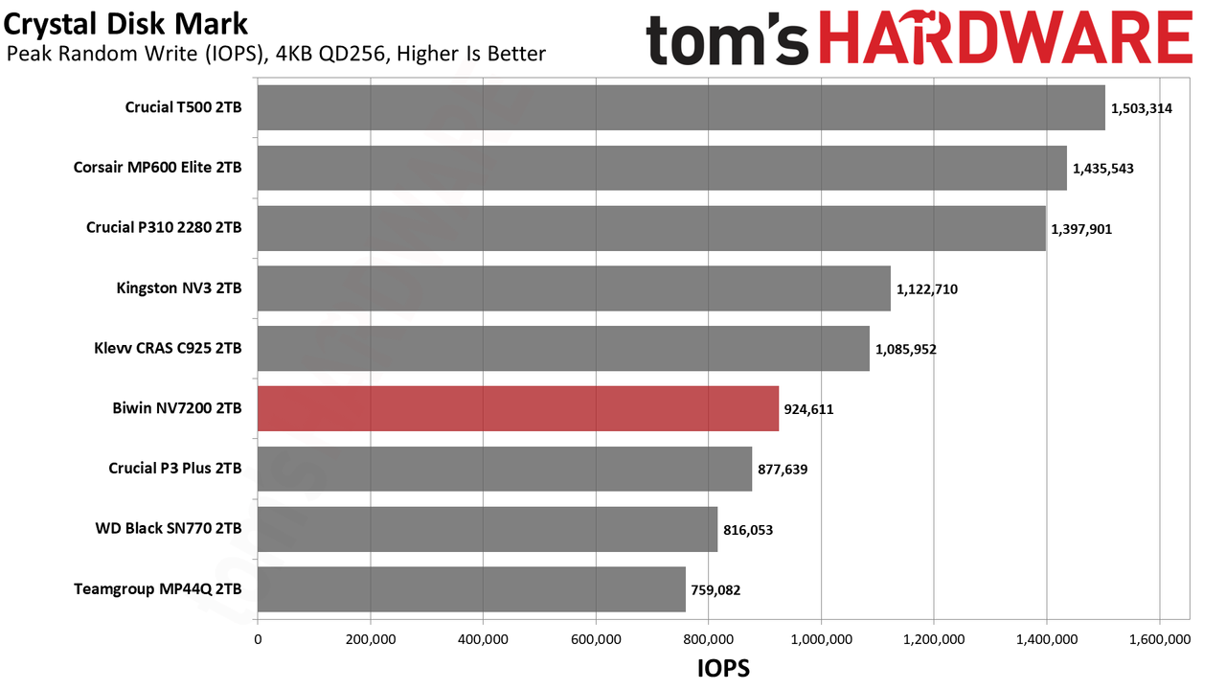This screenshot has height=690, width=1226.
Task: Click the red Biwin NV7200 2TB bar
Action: coord(518,408)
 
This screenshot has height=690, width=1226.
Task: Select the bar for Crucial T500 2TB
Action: coord(681,107)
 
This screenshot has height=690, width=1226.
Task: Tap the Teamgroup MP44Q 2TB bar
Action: coord(471,589)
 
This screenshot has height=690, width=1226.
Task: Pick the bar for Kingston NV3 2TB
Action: coord(574,288)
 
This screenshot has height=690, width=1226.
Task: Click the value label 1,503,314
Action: coord(1141,108)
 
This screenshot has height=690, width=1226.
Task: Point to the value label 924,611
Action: coord(808,409)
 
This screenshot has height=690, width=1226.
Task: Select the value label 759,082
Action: coord(715,590)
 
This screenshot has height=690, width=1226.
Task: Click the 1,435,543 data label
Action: coord(1102,169)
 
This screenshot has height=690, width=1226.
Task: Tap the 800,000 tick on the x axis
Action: coord(708,639)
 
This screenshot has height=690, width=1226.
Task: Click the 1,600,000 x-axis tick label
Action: coord(1160,639)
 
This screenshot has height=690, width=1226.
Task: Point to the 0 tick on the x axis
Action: coord(258,639)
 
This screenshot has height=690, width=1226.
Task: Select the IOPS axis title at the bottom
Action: coord(723,668)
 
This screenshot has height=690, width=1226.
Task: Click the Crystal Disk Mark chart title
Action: coord(125,24)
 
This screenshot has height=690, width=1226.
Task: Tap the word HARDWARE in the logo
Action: coord(1006,37)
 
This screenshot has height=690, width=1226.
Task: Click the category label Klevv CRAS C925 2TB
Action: coord(168,348)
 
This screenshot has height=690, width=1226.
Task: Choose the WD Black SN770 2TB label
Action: coord(168,528)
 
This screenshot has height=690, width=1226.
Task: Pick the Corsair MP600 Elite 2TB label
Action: coord(158,167)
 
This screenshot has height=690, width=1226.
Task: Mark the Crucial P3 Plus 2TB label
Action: coord(175,469)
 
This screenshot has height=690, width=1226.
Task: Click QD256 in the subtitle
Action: coord(354,55)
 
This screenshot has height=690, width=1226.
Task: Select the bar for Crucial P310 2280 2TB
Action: coord(652,228)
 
